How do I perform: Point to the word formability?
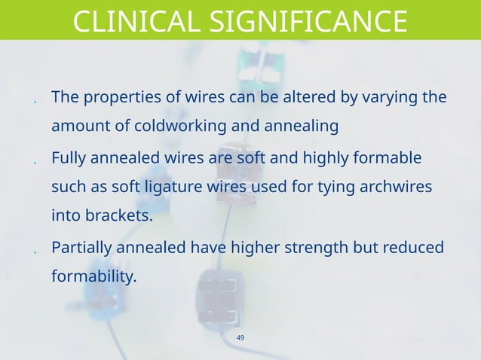[x=93, y=276]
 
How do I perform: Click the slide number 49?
[x=240, y=337]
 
